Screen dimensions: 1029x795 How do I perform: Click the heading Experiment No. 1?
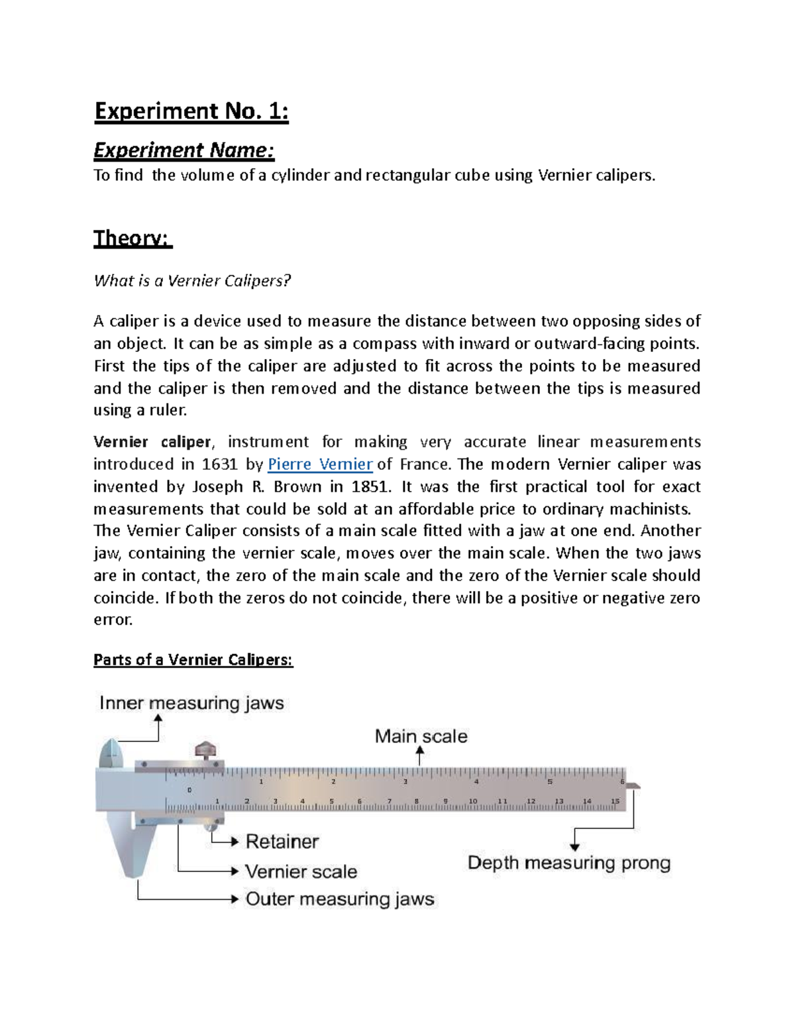point(191,111)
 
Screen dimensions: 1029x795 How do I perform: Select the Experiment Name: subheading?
point(184,151)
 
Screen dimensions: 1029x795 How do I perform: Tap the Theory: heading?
point(132,238)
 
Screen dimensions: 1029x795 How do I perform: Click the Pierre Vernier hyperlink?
point(320,464)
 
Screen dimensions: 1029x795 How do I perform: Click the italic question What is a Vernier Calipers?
point(192,281)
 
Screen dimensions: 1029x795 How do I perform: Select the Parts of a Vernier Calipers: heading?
point(193,660)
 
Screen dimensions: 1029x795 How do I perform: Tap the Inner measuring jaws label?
point(191,703)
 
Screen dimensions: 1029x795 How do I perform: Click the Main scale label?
point(421,736)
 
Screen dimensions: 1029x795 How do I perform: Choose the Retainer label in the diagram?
point(282,841)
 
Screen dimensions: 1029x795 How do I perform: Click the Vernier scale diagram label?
point(301,871)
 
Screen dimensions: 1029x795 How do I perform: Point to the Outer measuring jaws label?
point(340,899)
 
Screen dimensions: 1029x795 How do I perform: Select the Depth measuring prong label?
point(569,863)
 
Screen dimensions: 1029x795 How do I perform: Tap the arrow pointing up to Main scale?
point(419,755)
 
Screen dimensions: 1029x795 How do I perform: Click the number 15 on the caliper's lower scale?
point(615,801)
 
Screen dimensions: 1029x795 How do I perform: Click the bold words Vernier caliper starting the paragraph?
point(152,442)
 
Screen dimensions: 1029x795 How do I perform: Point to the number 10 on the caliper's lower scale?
point(473,801)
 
